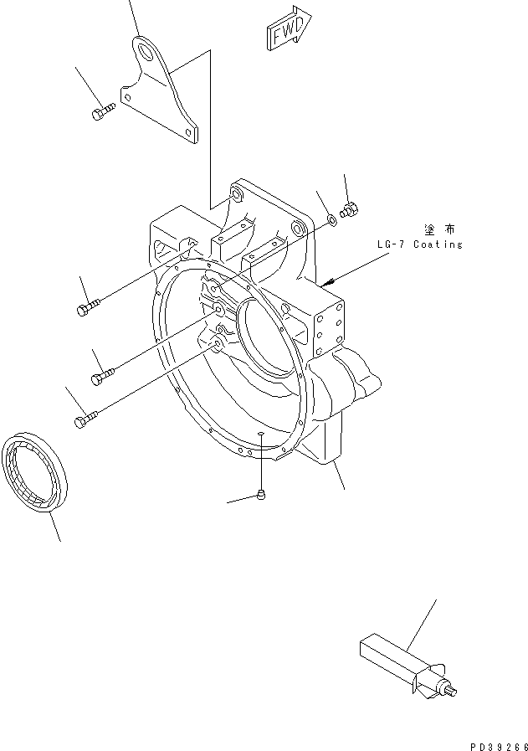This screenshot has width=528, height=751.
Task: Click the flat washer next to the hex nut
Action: pos(333,219)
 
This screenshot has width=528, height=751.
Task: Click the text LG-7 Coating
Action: pos(418,244)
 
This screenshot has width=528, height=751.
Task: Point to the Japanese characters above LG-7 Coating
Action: pos(438,228)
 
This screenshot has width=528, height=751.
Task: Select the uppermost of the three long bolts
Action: pos(88,308)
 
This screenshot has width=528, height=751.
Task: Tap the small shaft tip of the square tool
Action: pos(454,691)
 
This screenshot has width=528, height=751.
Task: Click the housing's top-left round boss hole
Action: pos(235,196)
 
